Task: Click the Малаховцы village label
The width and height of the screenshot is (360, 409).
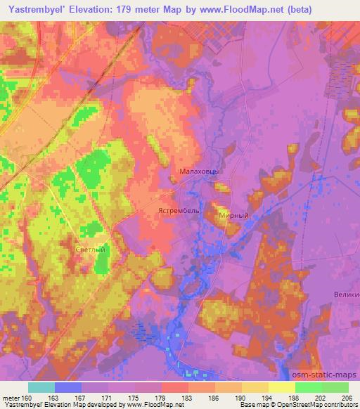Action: [200, 171]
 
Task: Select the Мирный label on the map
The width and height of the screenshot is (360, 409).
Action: [233, 216]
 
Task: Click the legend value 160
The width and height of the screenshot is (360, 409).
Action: [27, 397]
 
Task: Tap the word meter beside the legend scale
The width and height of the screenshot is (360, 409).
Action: [10, 397]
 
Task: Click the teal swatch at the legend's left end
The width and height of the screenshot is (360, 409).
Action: [41, 387]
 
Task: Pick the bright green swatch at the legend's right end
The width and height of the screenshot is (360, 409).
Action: [335, 387]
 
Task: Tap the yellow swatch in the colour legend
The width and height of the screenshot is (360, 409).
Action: [282, 387]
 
